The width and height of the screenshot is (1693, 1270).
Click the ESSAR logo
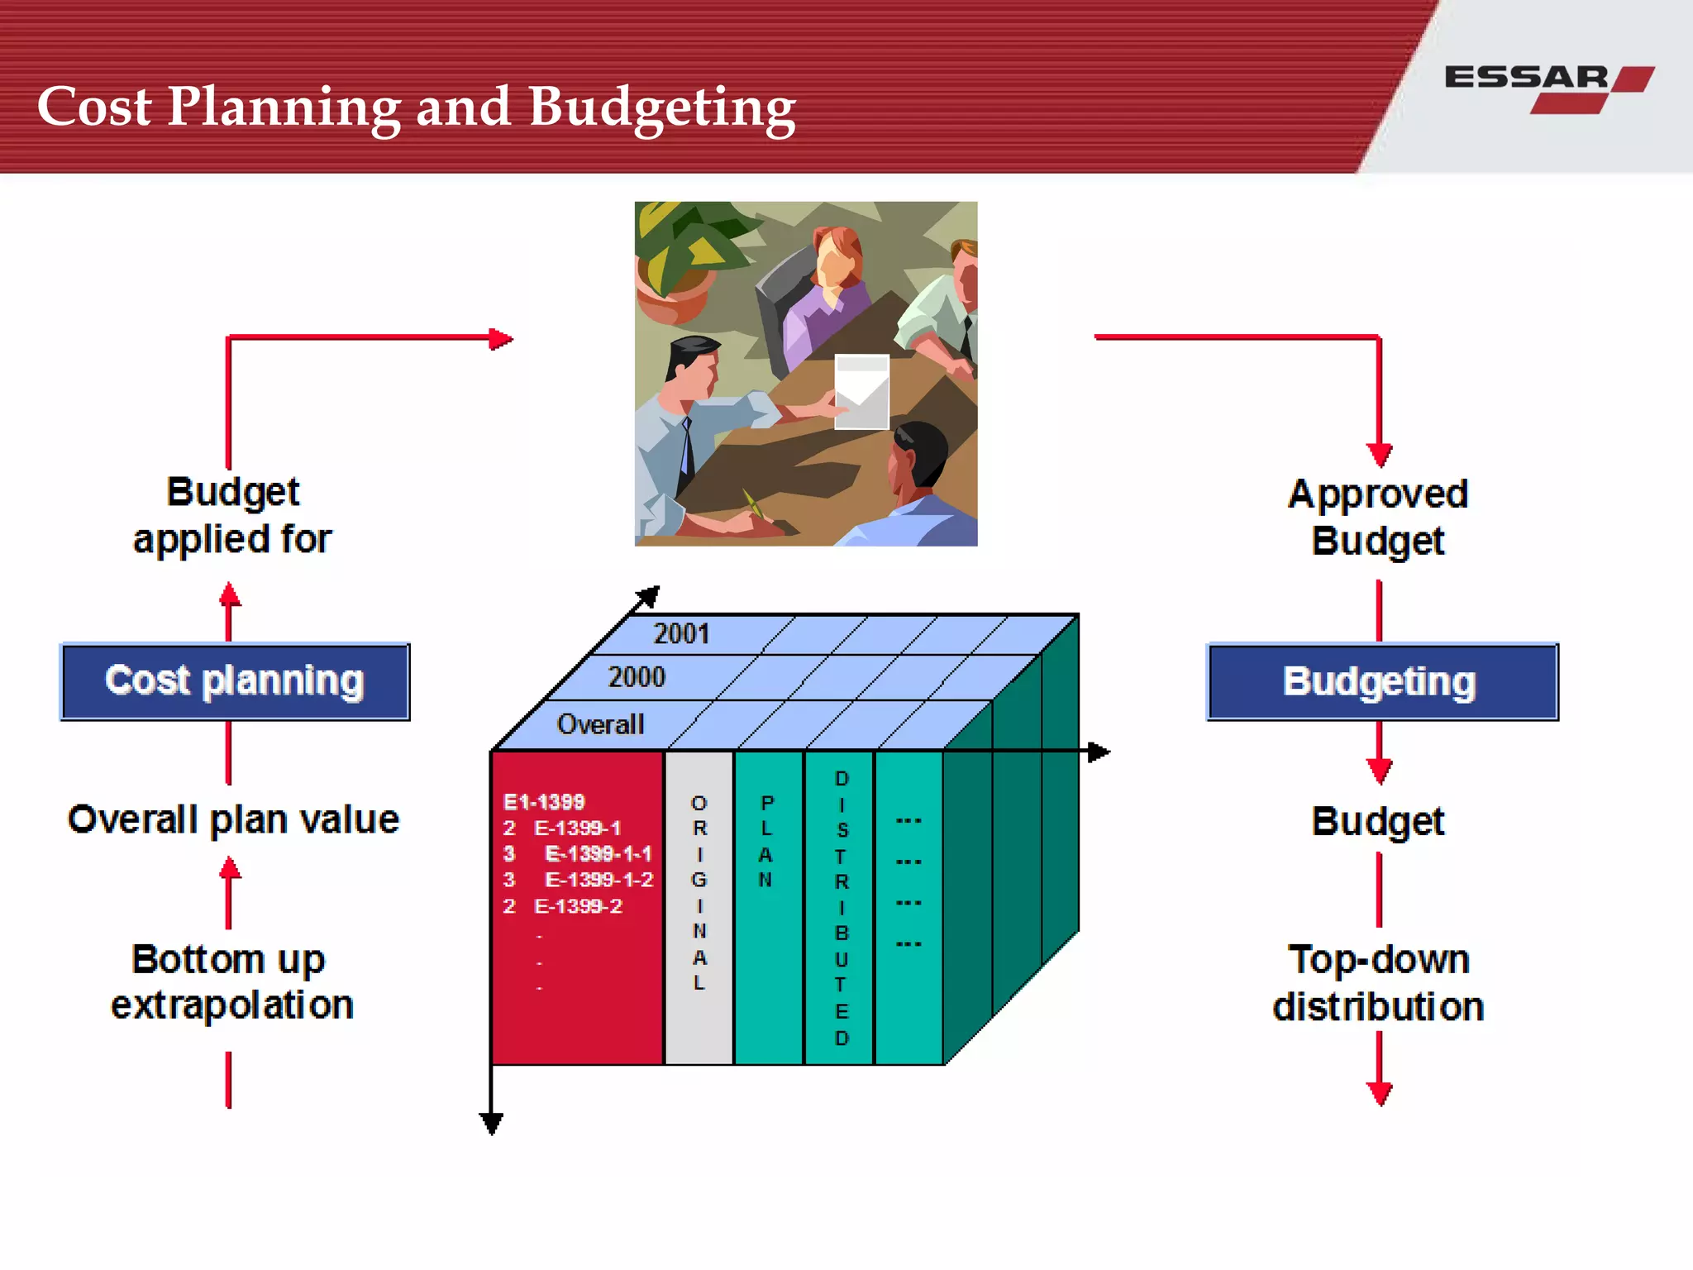1548,87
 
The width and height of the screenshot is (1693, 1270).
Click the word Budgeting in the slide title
661,107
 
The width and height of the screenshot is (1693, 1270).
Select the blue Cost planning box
235,681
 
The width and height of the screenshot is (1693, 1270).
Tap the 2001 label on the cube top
681,634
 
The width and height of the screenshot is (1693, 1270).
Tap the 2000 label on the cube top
637,677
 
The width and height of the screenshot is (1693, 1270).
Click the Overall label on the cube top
600,724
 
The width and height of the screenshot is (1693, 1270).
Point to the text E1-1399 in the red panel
544,801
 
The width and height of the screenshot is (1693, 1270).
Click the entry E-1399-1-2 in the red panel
599,880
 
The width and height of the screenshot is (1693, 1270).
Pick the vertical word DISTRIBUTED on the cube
842,908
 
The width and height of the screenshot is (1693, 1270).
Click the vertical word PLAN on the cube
766,840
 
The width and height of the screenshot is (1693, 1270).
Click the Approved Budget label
1378,518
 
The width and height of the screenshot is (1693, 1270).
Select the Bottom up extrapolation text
231,982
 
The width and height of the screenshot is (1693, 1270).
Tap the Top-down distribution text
1378,983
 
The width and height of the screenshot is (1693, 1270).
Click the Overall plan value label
233,819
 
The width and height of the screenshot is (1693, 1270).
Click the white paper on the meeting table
861,391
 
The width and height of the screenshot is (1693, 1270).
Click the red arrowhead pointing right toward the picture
501,338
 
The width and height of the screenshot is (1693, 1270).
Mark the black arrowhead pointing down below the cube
491,1123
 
